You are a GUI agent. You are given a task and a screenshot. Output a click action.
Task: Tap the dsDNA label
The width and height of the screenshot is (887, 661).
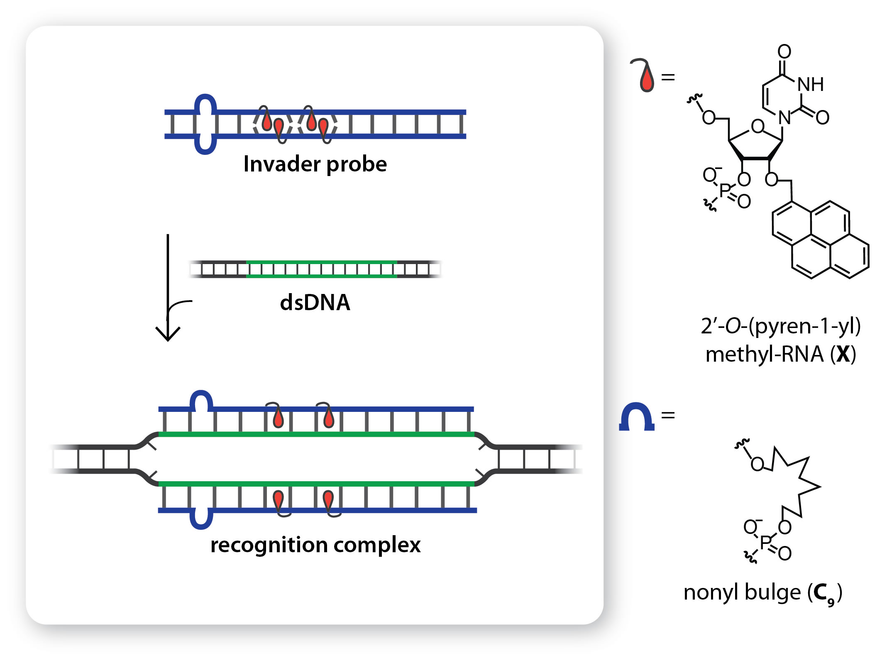point(315,302)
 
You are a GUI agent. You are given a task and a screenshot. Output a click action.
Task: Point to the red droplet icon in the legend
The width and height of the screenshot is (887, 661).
point(646,79)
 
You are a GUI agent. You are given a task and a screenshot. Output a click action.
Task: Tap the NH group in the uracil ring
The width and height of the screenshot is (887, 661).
point(810,85)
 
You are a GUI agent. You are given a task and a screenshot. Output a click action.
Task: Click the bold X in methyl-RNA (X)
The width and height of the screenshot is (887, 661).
point(843,354)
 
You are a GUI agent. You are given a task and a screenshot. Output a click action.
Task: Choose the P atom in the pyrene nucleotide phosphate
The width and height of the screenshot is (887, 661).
point(725,191)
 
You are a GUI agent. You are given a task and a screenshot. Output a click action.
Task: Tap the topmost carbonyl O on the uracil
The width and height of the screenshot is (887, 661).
point(784,51)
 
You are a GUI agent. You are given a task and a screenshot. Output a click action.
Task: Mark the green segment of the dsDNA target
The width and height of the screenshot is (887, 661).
point(322,269)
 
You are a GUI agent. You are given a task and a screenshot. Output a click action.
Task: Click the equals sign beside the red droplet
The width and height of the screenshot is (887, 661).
point(668,77)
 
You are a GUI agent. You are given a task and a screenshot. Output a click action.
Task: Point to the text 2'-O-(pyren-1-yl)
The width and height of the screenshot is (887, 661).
point(780,326)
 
